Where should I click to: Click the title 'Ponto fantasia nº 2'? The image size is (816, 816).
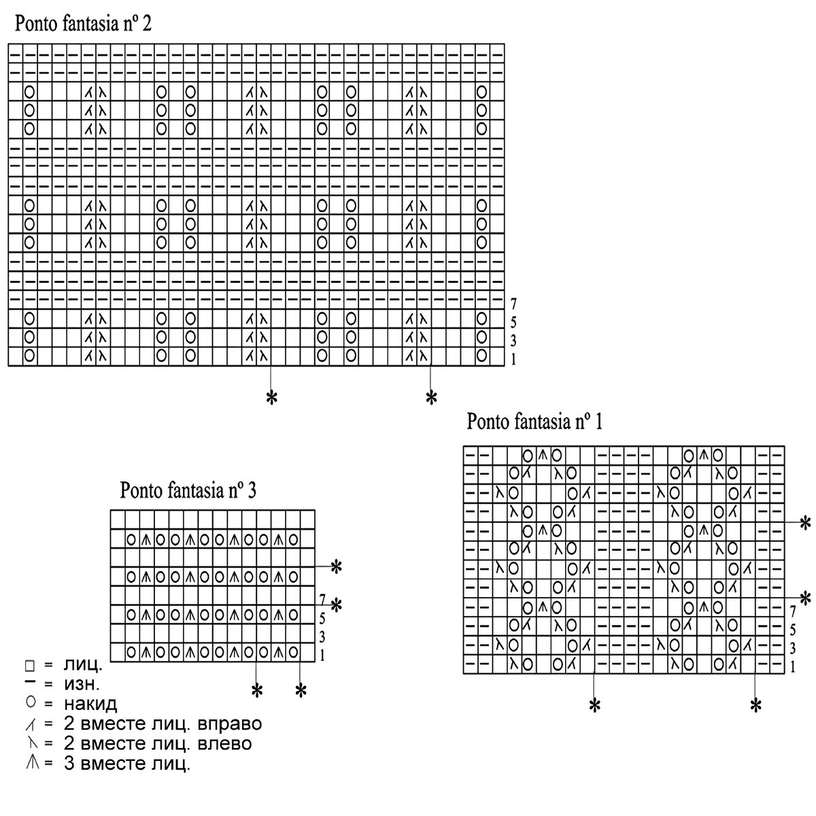[x=82, y=24]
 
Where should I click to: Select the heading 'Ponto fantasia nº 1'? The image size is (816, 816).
[x=534, y=422]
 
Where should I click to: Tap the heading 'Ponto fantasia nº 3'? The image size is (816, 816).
[x=188, y=490]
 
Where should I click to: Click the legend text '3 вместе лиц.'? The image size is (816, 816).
[x=126, y=764]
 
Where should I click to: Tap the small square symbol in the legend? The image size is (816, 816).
[x=29, y=664]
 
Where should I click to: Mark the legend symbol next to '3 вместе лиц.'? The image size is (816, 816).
[x=31, y=763]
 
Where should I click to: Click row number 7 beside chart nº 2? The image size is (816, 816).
[x=513, y=303]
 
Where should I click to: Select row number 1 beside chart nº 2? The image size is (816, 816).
[x=513, y=358]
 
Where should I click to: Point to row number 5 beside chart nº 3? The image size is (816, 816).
[x=322, y=619]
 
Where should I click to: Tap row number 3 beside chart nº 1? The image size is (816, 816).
[x=793, y=647]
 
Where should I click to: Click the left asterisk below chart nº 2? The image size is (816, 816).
[x=271, y=398]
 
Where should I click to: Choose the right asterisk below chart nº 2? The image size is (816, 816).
[x=430, y=398]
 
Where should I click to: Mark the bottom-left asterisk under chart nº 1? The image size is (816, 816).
[x=594, y=706]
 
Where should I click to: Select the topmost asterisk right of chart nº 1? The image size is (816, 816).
[x=805, y=523]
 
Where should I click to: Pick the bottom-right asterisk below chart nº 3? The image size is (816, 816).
[x=301, y=692]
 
